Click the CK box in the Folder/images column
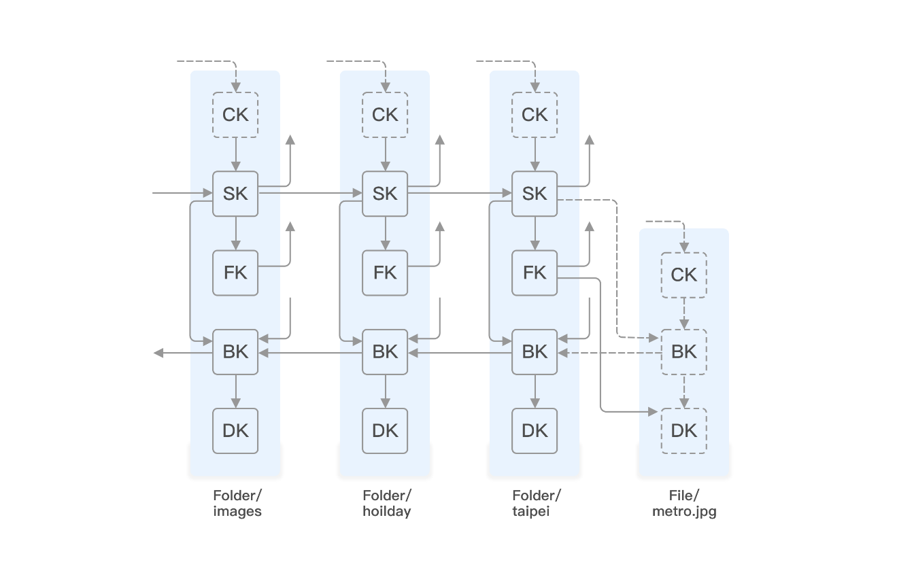(x=235, y=115)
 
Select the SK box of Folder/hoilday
(x=385, y=194)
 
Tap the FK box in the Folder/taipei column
(x=535, y=273)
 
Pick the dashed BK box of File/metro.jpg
(x=684, y=351)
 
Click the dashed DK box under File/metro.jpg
(x=684, y=430)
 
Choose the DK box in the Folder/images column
(x=235, y=430)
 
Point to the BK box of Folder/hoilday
(x=385, y=351)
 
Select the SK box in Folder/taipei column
(x=535, y=194)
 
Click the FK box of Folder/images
(x=235, y=273)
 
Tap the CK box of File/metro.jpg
(x=684, y=275)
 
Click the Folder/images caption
(x=237, y=504)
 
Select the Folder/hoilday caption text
(x=387, y=504)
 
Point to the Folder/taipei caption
(x=537, y=504)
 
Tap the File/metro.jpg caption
(x=684, y=504)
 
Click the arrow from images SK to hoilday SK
(x=310, y=193)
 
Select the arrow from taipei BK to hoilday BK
(x=460, y=353)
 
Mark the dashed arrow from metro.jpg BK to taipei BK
(x=609, y=353)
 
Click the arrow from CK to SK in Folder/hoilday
(x=385, y=154)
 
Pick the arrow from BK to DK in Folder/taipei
(x=535, y=391)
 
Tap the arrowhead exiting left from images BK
(x=158, y=353)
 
